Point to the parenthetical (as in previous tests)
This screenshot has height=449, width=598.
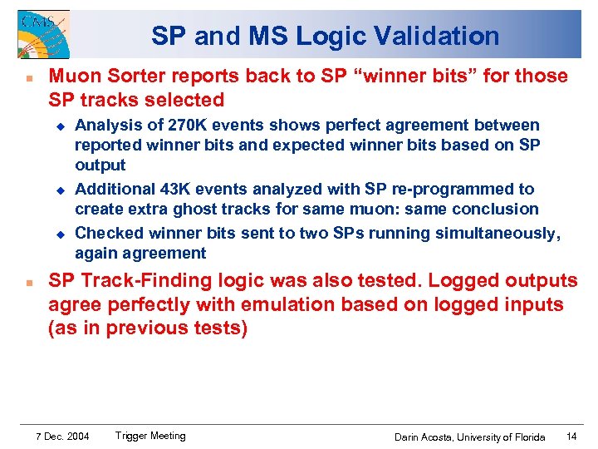click(x=148, y=328)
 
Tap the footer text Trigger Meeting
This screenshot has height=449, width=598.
click(x=150, y=436)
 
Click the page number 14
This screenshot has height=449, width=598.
click(x=571, y=437)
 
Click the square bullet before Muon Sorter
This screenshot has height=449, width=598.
click(x=28, y=77)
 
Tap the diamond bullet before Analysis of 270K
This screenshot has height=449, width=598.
click(x=60, y=126)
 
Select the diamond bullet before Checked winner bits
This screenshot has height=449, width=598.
click(x=60, y=234)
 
